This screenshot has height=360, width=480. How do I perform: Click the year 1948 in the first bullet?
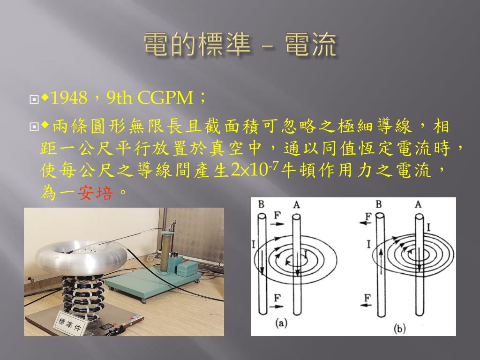[69, 98]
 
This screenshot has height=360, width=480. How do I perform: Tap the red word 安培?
[95, 193]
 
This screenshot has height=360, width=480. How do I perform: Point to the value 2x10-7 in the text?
[255, 169]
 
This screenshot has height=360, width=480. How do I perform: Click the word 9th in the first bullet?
[120, 98]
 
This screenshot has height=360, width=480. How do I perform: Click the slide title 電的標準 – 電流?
[240, 45]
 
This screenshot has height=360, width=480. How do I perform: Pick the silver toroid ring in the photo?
[81, 258]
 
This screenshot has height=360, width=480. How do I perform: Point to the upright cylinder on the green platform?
[166, 251]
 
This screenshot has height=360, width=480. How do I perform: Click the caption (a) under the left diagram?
[281, 323]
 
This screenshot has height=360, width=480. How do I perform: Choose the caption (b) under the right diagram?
[399, 329]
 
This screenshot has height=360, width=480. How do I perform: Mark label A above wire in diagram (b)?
[418, 204]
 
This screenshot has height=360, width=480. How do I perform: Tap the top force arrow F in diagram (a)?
[277, 224]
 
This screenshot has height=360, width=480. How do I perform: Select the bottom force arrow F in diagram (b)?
[366, 305]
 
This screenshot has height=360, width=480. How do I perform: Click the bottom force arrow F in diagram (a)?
[277, 306]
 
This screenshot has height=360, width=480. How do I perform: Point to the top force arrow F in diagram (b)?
[365, 223]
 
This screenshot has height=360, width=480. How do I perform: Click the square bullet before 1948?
[34, 99]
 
